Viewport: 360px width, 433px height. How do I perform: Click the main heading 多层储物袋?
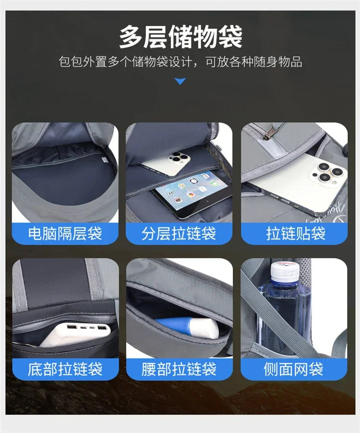[180, 37]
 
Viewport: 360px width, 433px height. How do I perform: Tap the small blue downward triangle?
[180, 81]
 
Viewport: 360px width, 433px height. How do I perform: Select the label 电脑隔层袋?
[65, 234]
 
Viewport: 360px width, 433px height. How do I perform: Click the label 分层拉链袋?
[179, 234]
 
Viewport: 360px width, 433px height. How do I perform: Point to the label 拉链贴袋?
[296, 234]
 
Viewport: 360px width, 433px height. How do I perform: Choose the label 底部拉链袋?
[65, 369]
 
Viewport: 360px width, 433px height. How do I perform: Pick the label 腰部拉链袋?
[179, 369]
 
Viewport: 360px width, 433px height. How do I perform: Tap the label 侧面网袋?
[293, 369]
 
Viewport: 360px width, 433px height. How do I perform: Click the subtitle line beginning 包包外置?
[180, 62]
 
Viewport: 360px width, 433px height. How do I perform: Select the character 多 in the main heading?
[131, 37]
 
